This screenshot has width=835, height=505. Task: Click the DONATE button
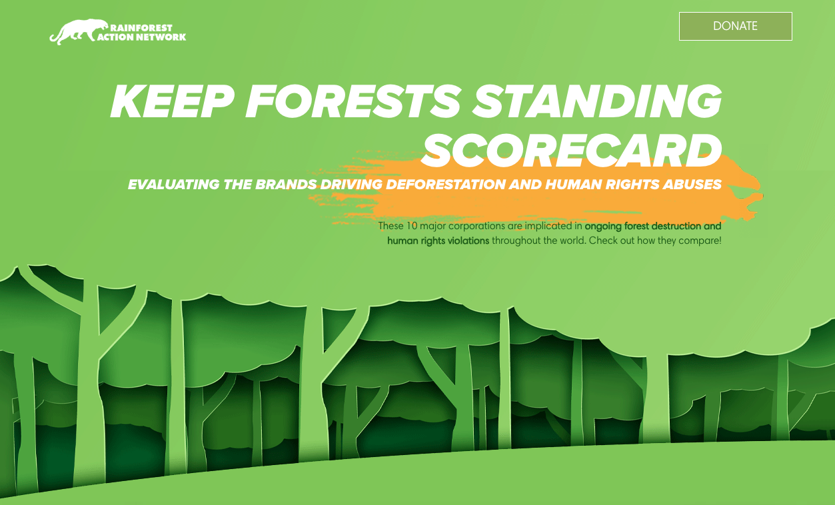pyautogui.click(x=735, y=26)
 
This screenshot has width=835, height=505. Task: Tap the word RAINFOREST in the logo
pyautogui.click(x=141, y=28)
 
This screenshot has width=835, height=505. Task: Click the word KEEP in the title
pyautogui.click(x=172, y=101)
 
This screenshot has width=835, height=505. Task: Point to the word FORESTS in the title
pyautogui.click(x=353, y=101)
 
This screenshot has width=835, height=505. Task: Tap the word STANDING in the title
pyautogui.click(x=597, y=101)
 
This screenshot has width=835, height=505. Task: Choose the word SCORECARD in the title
pyautogui.click(x=572, y=151)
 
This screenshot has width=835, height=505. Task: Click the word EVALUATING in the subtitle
pyautogui.click(x=174, y=184)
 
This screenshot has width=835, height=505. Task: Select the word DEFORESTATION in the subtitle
pyautogui.click(x=445, y=184)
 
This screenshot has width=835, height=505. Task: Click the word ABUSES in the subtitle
pyautogui.click(x=692, y=184)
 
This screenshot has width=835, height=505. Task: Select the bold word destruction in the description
pyautogui.click(x=676, y=226)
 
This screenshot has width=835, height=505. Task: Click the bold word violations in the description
pyautogui.click(x=468, y=241)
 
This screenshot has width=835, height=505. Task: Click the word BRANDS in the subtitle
pyautogui.click(x=286, y=184)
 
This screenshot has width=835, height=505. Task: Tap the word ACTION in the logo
pyautogui.click(x=115, y=37)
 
